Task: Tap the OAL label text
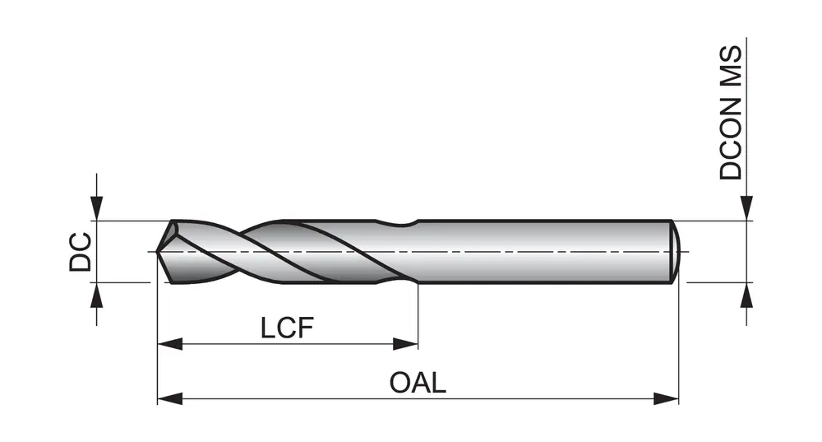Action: click(x=418, y=383)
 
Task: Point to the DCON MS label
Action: click(x=730, y=113)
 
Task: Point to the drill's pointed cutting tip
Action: click(x=159, y=252)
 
